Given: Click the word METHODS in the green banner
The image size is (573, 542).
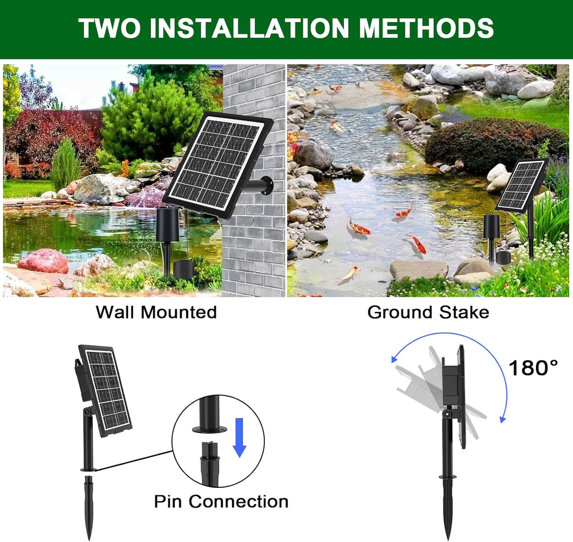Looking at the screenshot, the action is coord(426,28).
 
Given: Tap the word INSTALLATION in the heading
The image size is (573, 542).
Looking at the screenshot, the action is coord(249,28).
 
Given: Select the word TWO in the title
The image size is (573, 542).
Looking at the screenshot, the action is coord(109,28).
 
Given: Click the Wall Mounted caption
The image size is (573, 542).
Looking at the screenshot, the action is coord(157,312).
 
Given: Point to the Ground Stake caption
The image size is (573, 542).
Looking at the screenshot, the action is coord(428,312).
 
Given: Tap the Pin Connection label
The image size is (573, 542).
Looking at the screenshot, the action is coord(221,502).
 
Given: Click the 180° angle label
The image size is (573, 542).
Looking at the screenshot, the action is coord(533,368).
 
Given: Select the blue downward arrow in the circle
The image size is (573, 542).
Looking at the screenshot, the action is coord(240,438).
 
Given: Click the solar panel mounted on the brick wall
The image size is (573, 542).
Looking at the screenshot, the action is coord(218,165).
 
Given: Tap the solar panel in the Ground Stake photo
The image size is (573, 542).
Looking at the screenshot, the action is coord(523,186).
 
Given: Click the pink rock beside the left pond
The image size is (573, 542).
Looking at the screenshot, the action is coord(44,261).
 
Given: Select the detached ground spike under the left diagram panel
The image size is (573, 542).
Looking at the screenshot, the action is coord(88,508).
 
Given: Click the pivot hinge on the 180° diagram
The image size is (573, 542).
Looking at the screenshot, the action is coord(446,414).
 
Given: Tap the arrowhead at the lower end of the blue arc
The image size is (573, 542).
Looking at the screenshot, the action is coord(503,419).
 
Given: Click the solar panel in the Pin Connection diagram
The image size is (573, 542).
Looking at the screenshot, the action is coord(105,388).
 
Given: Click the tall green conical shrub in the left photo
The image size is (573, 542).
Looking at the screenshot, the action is coord(65,164).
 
